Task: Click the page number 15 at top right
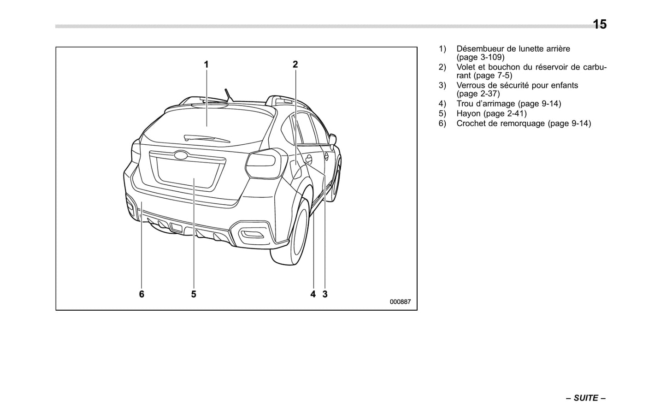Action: point(599,24)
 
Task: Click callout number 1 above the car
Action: point(206,65)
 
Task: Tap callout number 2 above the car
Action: point(295,65)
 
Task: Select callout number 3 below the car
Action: point(325,294)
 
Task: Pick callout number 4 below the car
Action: point(313,294)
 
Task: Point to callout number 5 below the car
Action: point(194,294)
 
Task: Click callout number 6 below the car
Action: point(141,294)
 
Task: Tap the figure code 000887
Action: point(400,302)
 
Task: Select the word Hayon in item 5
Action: point(468,113)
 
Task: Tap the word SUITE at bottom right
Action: point(586,398)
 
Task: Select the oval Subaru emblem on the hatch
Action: point(181,155)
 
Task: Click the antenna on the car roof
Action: point(229,94)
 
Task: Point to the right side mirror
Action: point(333,139)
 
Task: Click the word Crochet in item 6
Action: point(471,124)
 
